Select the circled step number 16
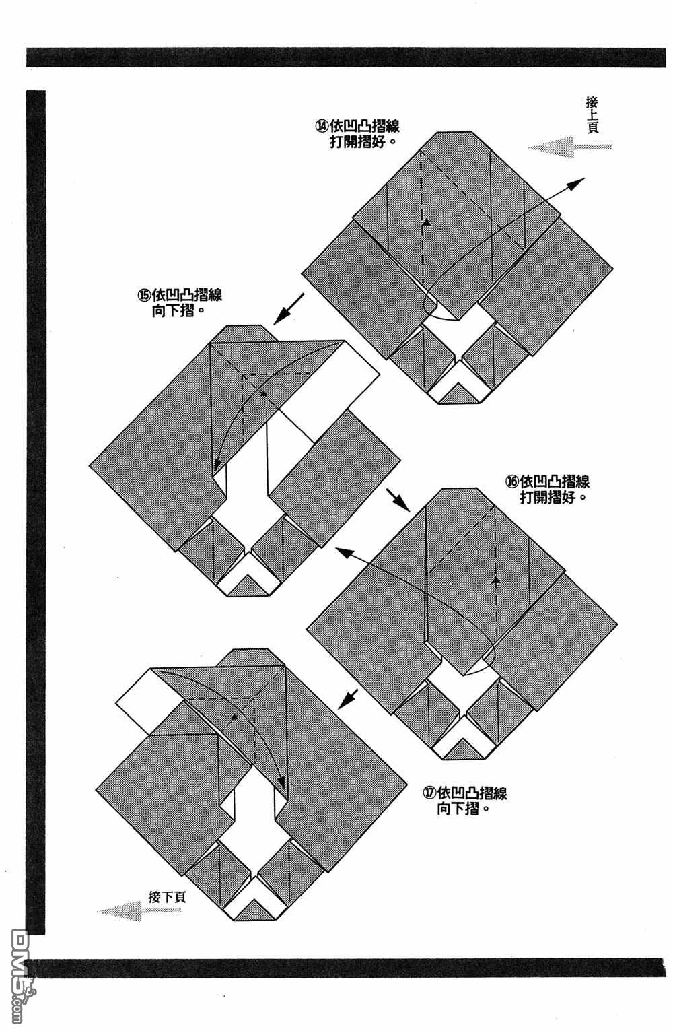point(512,481)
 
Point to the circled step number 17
point(429,793)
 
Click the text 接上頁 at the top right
point(592,114)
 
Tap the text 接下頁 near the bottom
point(167,896)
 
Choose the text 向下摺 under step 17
point(462,809)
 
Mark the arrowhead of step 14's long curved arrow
point(581,181)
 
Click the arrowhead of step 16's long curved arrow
point(339,550)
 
